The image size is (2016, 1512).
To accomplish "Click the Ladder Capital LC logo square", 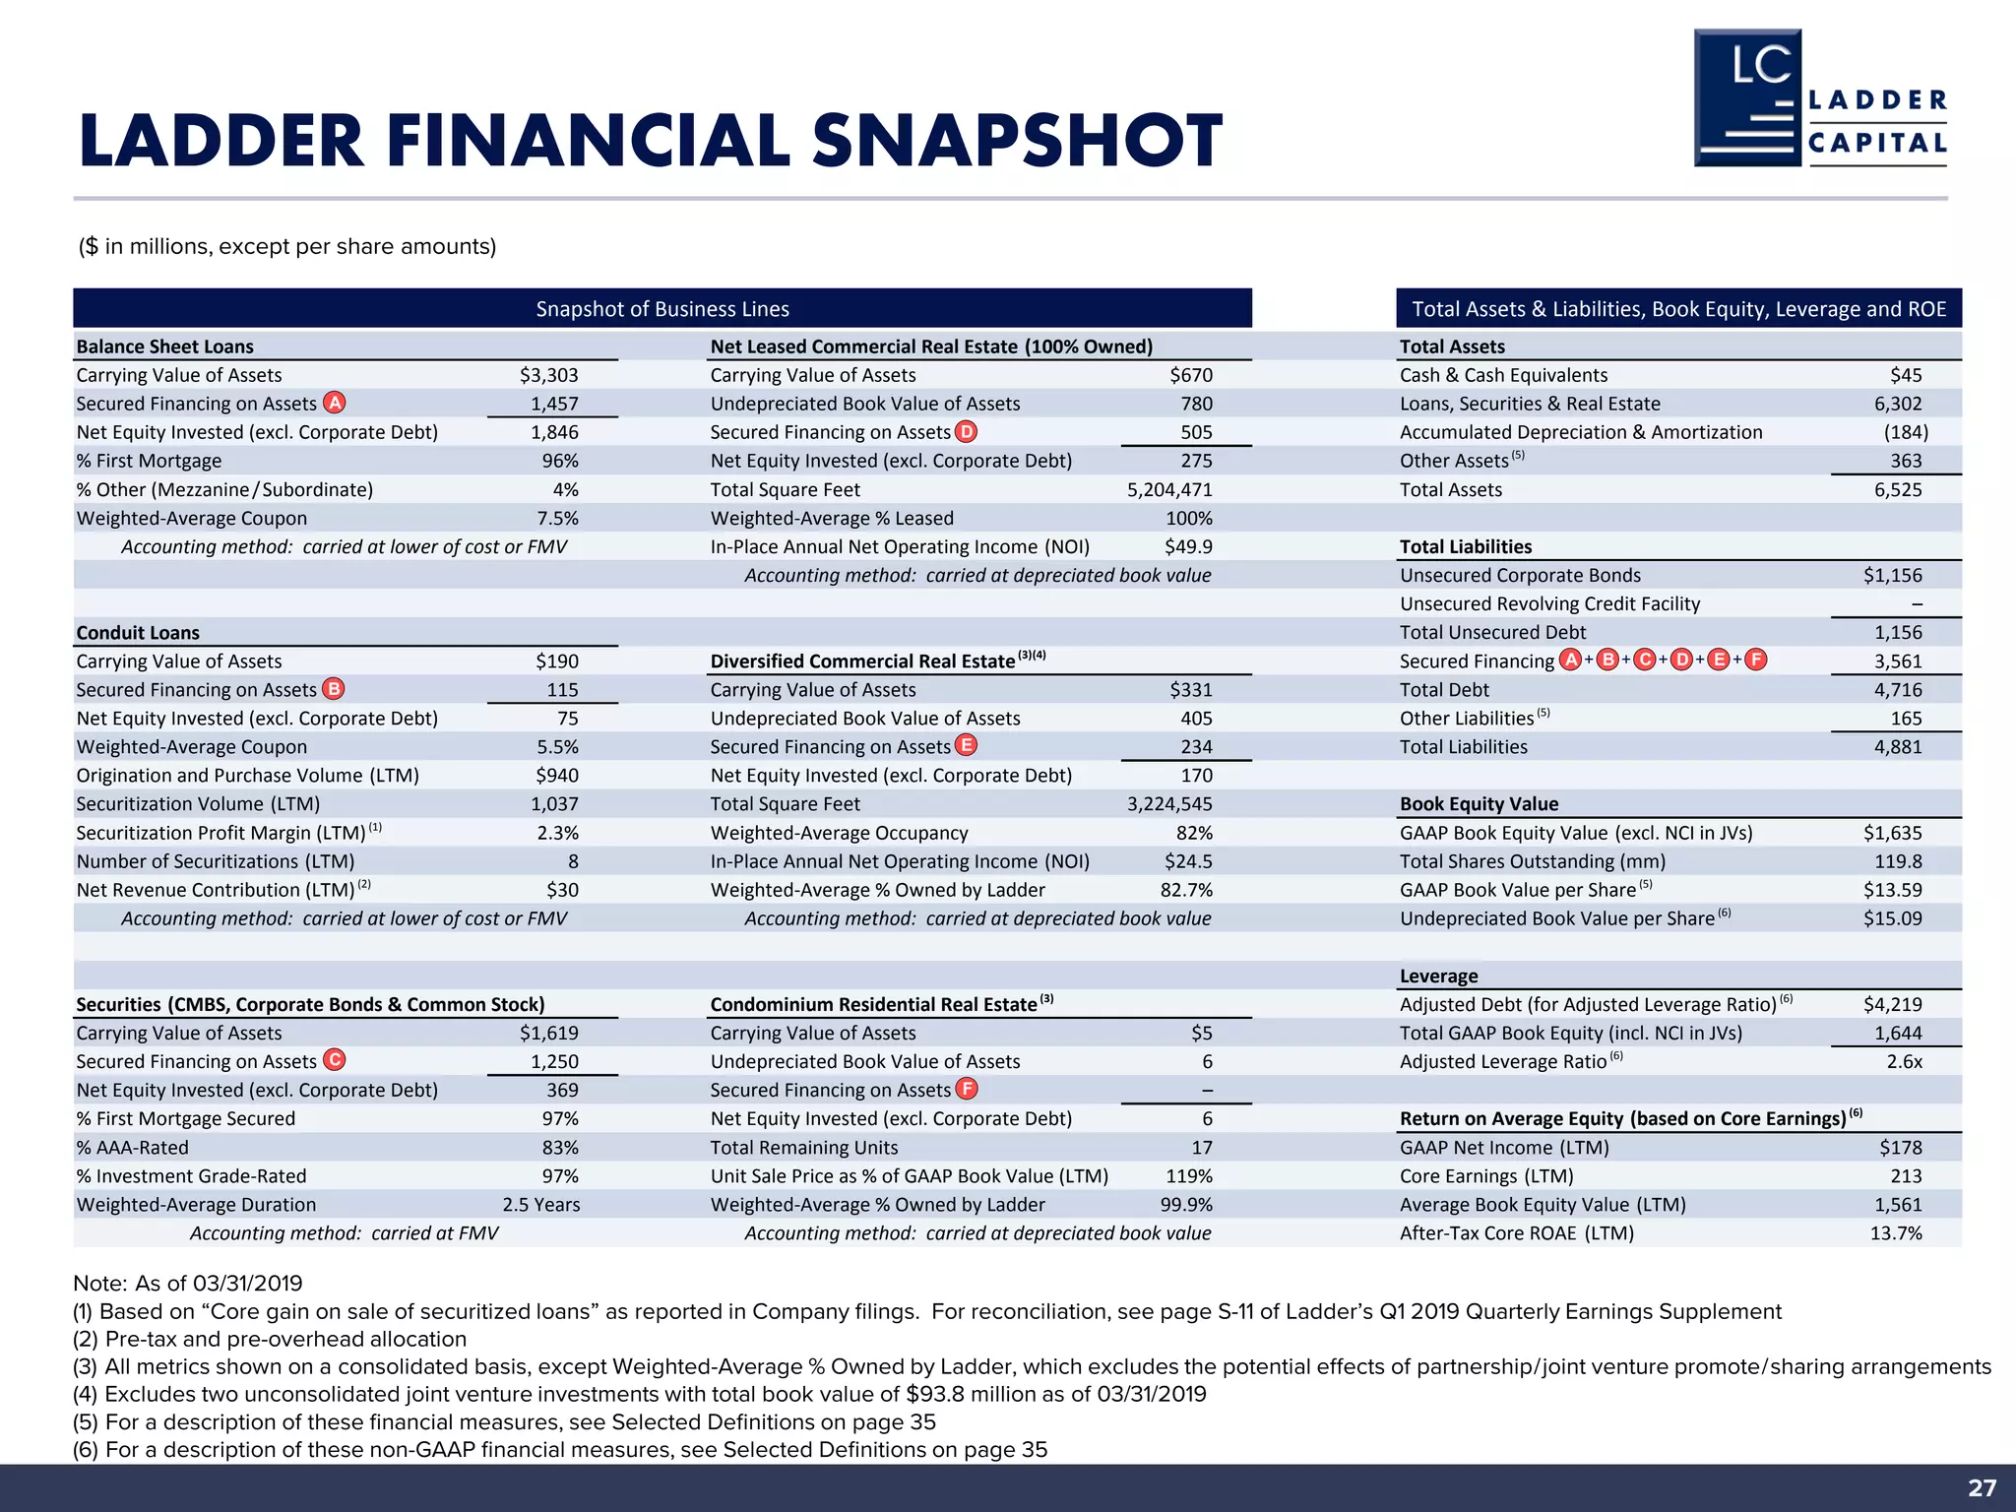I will (1747, 97).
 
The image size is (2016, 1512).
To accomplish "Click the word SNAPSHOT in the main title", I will (1017, 141).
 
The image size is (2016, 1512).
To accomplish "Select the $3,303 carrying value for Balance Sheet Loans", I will (549, 375).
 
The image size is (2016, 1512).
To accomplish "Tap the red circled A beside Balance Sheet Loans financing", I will (335, 403).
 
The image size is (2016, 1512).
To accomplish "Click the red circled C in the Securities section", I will (335, 1060).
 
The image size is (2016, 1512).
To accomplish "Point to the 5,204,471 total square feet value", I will (1169, 489).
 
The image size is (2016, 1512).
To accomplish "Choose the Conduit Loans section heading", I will (138, 632).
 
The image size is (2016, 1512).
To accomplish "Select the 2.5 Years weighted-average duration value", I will (540, 1204).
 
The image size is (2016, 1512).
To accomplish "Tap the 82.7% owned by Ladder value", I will (1186, 890).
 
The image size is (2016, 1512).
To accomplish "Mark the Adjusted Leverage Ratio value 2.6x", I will (1904, 1061).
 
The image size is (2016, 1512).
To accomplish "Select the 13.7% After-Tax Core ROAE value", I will (1895, 1232).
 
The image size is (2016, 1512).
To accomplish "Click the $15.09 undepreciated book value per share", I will (1892, 918).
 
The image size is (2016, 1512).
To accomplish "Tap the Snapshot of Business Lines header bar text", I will (662, 309).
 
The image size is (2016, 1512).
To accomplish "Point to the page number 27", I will (1982, 1487).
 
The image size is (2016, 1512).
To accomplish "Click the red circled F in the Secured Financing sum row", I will (1755, 660).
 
